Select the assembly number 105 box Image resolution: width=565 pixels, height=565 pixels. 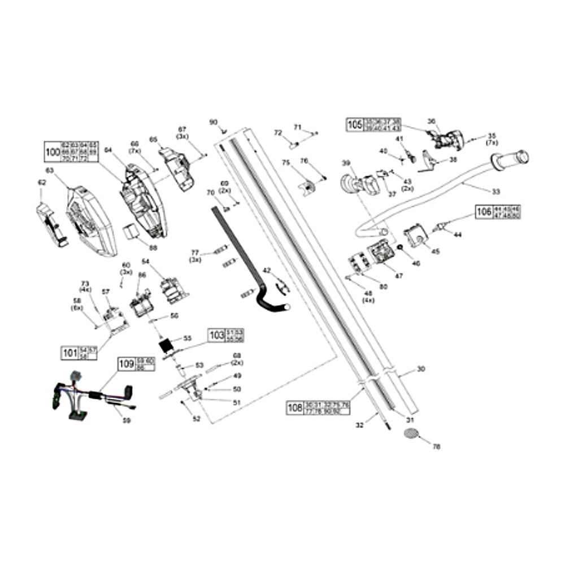[x=354, y=124]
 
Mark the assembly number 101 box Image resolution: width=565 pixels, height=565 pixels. [x=69, y=354]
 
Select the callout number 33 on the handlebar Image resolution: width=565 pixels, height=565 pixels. [x=496, y=192]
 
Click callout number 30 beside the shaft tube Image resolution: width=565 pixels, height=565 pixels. [x=420, y=369]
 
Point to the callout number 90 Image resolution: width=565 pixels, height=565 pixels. [x=213, y=122]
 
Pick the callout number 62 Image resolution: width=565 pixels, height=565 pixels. [x=41, y=182]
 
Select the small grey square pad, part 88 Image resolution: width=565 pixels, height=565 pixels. [x=131, y=232]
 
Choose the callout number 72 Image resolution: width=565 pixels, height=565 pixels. [x=277, y=132]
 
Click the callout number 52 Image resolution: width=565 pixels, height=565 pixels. [x=196, y=419]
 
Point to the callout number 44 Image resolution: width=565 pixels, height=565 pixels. [x=457, y=234]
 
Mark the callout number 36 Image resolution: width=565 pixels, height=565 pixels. [x=431, y=121]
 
